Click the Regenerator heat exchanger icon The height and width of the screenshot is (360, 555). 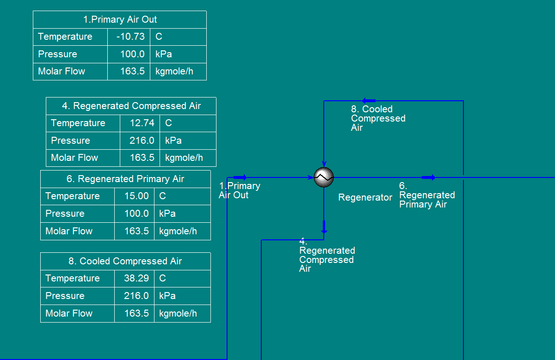(x=324, y=177)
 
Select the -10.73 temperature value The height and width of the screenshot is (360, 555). (x=130, y=37)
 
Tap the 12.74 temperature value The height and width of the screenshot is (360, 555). (x=142, y=123)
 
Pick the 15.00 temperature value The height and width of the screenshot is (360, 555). (x=136, y=196)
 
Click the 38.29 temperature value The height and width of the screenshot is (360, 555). (x=136, y=278)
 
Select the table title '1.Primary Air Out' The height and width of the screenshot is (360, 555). (x=120, y=19)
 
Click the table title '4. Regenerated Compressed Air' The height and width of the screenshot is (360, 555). (x=131, y=106)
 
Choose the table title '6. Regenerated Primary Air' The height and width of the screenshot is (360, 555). (x=125, y=179)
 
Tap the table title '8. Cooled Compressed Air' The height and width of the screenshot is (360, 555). (x=125, y=261)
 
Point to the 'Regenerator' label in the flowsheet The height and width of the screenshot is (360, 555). (x=365, y=197)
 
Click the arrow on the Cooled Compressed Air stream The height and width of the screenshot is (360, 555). (x=369, y=100)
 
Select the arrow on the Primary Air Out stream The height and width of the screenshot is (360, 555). (x=240, y=177)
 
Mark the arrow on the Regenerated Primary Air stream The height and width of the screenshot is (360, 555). (x=429, y=177)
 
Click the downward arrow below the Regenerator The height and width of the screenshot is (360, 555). (x=324, y=227)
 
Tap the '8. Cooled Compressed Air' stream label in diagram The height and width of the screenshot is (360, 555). (x=377, y=118)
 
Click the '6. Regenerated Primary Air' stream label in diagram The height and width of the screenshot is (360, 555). (x=426, y=195)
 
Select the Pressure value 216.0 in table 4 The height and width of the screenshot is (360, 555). (x=142, y=140)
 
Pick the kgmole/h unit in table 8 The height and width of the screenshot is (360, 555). (x=178, y=313)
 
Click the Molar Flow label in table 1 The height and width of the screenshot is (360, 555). (x=62, y=71)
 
